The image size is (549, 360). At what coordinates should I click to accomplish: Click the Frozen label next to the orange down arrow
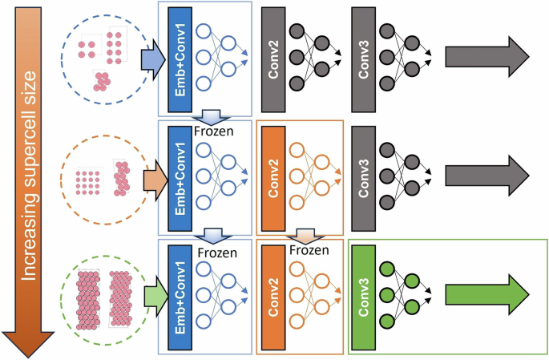(309, 249)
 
